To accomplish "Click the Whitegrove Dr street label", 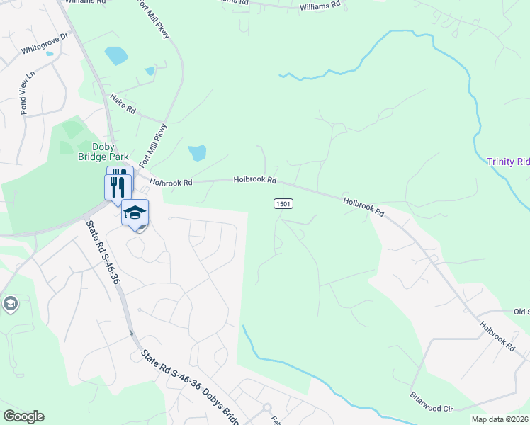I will tap(44, 43).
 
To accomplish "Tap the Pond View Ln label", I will tap(27, 92).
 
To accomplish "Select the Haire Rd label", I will tap(123, 106).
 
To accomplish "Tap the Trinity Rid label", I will tap(507, 162).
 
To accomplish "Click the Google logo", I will tap(23, 416).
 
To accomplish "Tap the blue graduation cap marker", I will tap(135, 212).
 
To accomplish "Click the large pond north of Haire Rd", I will tap(114, 55).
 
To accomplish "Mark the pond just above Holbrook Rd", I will tap(197, 152).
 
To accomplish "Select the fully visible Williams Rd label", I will tap(320, 6).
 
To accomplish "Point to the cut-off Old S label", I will tap(521, 312).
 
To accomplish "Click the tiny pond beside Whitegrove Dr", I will tap(49, 53).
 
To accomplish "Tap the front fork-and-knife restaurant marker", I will tap(118, 188).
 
